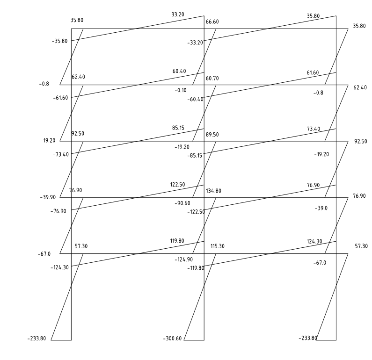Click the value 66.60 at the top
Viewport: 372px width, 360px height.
(212, 22)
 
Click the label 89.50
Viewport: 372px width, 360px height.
(212, 135)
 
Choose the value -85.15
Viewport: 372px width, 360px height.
(195, 156)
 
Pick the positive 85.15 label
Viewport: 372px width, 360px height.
(178, 127)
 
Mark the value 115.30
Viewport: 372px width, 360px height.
(218, 246)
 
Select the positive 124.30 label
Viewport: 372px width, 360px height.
(314, 242)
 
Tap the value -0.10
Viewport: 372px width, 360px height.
(181, 90)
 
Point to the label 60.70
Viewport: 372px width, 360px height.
(212, 78)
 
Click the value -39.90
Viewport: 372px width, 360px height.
(48, 197)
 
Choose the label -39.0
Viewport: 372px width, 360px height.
(321, 208)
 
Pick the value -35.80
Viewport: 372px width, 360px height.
(59, 41)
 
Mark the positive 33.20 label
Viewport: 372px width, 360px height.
(178, 14)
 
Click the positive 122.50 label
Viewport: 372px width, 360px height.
(177, 185)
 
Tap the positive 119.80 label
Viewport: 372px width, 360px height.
(177, 241)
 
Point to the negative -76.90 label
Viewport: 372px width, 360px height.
(58, 211)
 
